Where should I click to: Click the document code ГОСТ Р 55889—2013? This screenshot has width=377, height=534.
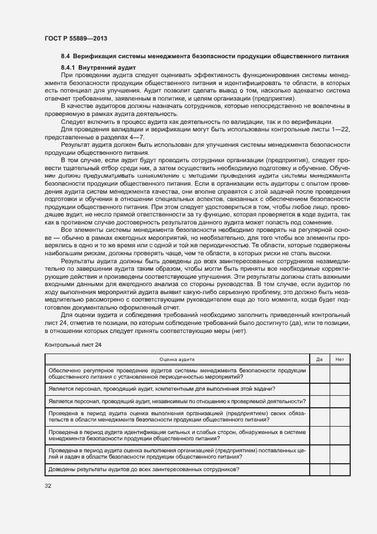[x=76, y=38]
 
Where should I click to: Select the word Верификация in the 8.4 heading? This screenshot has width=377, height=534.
[x=96, y=57]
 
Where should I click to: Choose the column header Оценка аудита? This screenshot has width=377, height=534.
[x=176, y=359]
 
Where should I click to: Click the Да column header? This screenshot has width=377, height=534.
[x=319, y=359]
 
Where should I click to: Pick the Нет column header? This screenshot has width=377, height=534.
[x=340, y=359]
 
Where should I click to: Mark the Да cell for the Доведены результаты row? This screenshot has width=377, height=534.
[x=319, y=469]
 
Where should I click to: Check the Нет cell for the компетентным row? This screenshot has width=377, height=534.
[x=340, y=389]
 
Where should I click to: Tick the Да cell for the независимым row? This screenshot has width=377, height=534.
[x=319, y=401]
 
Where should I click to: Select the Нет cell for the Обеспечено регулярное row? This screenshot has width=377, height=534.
[x=340, y=374]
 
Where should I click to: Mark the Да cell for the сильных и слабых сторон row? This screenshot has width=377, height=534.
[x=319, y=435]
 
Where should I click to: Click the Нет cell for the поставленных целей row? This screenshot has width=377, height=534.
[x=340, y=453]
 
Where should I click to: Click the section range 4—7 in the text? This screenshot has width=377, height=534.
[x=136, y=138]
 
